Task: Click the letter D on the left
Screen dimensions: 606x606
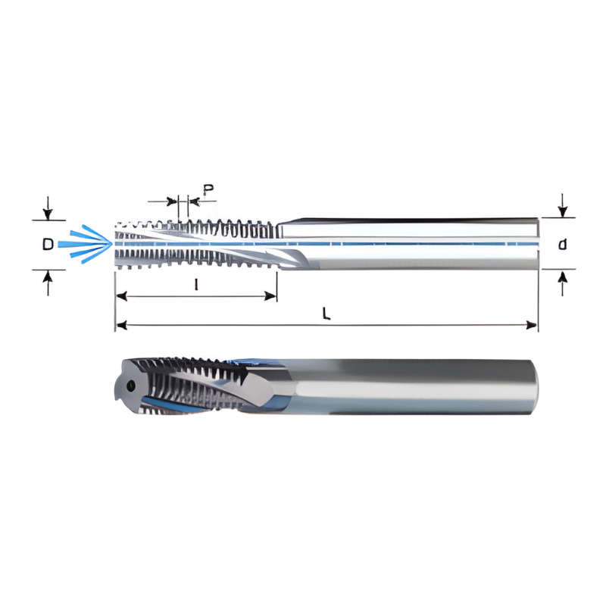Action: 48,245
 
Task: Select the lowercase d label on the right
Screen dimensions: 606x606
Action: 562,244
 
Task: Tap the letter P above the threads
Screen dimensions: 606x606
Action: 208,189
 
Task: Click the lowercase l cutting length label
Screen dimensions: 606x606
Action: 197,286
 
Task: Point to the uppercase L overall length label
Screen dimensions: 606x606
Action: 326,314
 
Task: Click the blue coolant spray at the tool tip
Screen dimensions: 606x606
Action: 87,242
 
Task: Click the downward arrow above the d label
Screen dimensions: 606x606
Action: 562,205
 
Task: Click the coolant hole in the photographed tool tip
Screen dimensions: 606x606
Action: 132,386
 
